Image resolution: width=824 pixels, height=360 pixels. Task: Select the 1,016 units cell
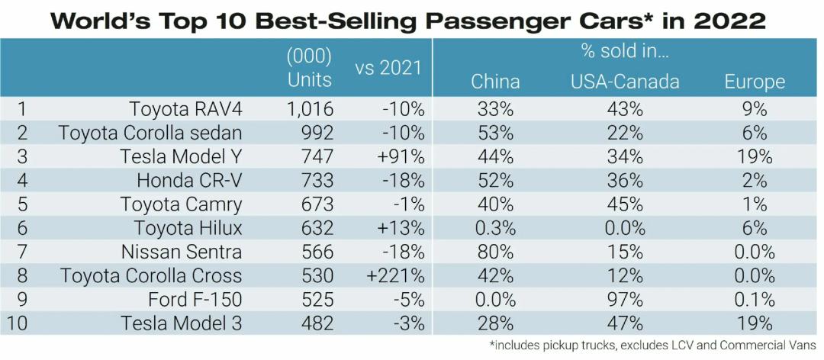point(309,108)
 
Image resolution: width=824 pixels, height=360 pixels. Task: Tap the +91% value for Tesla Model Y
point(401,156)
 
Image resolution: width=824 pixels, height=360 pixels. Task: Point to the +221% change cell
point(395,275)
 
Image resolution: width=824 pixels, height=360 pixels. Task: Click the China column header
point(495,82)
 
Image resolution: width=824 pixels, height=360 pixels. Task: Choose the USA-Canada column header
point(625,82)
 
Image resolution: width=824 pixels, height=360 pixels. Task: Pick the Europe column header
point(754,82)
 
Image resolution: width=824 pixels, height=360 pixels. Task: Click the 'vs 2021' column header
point(388,67)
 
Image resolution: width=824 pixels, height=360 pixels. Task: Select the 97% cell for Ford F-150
point(625,299)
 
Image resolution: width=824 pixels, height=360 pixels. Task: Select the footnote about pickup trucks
point(652,346)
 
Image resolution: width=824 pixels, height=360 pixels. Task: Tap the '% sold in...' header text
point(625,53)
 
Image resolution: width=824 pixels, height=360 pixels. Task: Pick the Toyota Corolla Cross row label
point(151,275)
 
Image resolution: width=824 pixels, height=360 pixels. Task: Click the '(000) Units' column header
point(309,67)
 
